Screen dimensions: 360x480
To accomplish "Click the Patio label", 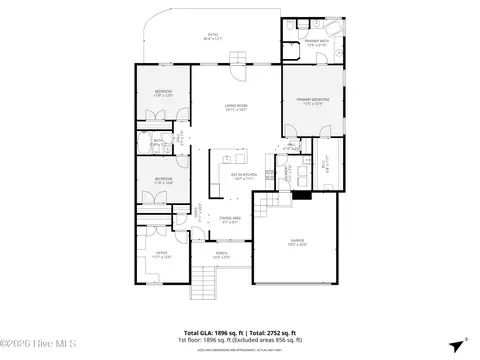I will coord(211,39).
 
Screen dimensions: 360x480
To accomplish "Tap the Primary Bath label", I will coord(315,43).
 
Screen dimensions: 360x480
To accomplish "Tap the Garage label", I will coord(298,242).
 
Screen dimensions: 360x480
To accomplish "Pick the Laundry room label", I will coord(285,172).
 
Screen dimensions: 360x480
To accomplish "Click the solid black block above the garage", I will coord(300,196).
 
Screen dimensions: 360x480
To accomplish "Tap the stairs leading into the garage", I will coord(267,208).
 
